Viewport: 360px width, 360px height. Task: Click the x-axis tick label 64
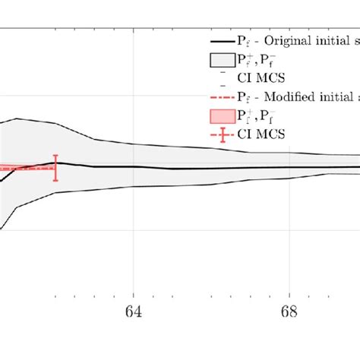(x=134, y=314)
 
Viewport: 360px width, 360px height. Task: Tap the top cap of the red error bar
(x=55, y=155)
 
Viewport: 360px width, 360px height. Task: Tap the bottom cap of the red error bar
(x=55, y=181)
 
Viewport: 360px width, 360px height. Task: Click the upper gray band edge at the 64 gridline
(x=134, y=144)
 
